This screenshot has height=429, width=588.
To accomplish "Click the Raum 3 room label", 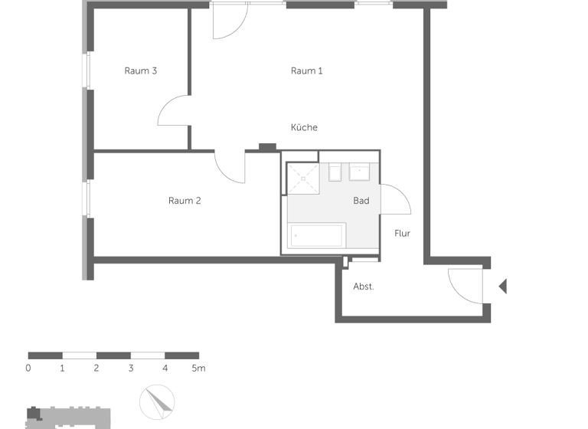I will (x=141, y=71).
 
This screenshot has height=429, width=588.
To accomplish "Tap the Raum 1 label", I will (x=306, y=71).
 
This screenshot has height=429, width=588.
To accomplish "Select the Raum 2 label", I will (x=185, y=201).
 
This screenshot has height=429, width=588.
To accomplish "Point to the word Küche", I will (x=304, y=127).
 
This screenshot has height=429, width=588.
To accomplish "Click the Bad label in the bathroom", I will (x=361, y=201).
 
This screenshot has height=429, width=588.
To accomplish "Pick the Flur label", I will (x=403, y=233).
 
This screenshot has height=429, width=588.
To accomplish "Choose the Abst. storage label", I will (x=364, y=287).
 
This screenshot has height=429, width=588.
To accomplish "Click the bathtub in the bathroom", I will (x=316, y=235).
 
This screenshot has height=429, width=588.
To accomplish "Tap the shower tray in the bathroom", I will (x=302, y=178).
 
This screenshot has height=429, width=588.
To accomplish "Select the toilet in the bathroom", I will (x=335, y=172).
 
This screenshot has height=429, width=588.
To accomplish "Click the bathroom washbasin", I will (x=360, y=172).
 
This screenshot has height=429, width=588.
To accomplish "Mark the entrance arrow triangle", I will (x=503, y=287).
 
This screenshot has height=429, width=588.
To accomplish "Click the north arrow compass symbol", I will (x=157, y=403).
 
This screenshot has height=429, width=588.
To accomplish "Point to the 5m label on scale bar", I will (x=198, y=368).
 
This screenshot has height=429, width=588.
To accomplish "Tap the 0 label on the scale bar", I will (x=28, y=368).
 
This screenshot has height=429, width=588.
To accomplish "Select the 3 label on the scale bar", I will (x=131, y=368).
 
